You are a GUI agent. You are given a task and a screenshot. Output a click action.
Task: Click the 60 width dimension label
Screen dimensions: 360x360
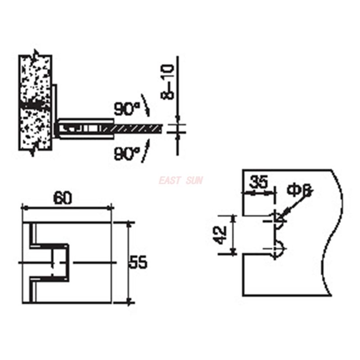(63, 198)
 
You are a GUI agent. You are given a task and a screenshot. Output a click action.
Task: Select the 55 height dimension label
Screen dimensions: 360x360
(139, 262)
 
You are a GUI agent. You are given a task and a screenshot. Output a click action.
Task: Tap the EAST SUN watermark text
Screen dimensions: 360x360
(180, 180)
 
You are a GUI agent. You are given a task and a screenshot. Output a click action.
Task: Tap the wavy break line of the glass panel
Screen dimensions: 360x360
(333, 234)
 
